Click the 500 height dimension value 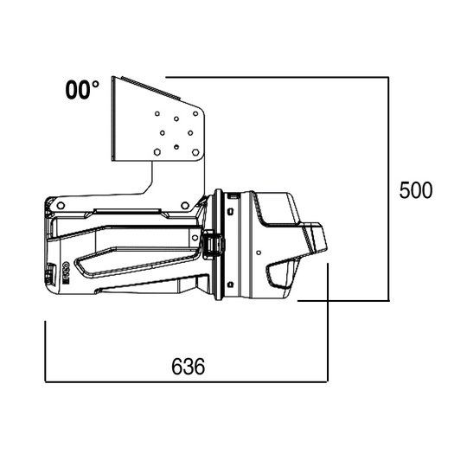pyautogui.click(x=415, y=190)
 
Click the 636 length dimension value pyautogui.click(x=188, y=366)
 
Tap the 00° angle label pyautogui.click(x=82, y=90)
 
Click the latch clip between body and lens pyautogui.click(x=213, y=246)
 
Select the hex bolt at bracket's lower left pyautogui.click(x=157, y=151)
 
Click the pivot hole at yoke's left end pyautogui.click(x=60, y=205)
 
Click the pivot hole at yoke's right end pyautogui.click(x=185, y=205)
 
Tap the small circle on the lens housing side pyautogui.click(x=259, y=252)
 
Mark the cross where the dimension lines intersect pyautogui.click(x=327, y=301)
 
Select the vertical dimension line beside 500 pyautogui.click(x=388, y=190)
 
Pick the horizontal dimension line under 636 pyautogui.click(x=186, y=381)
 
